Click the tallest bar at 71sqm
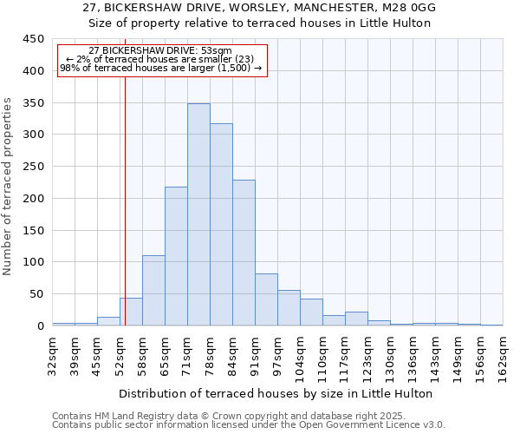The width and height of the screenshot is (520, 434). tap(198, 214)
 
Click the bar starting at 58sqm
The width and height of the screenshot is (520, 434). tap(153, 290)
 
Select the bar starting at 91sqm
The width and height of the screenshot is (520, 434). tap(266, 299)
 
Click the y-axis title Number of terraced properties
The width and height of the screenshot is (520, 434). tap(9, 187)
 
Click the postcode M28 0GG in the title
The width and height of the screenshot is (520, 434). tap(406, 8)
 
